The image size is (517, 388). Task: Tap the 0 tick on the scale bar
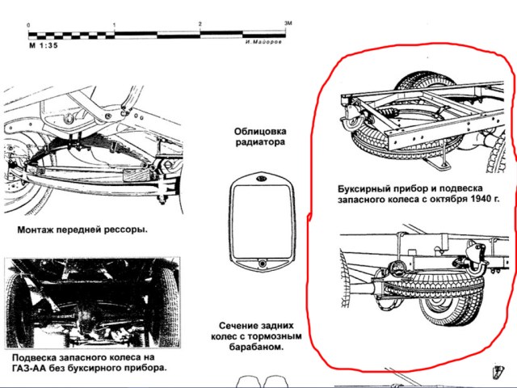pos(29,27)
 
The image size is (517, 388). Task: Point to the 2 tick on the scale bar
pos(200,26)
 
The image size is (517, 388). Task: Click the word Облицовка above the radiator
pos(260,131)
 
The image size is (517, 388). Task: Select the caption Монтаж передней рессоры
pos(82,229)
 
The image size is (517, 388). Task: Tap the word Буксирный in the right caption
pos(363,186)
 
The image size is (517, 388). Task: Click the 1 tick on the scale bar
pos(115,26)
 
